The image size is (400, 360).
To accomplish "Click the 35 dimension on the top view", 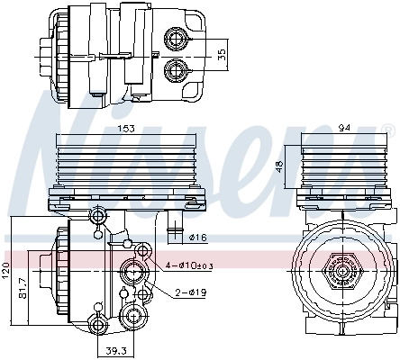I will [221, 55].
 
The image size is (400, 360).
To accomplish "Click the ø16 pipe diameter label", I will [200, 238].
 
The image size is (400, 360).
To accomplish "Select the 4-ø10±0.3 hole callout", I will [189, 265].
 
